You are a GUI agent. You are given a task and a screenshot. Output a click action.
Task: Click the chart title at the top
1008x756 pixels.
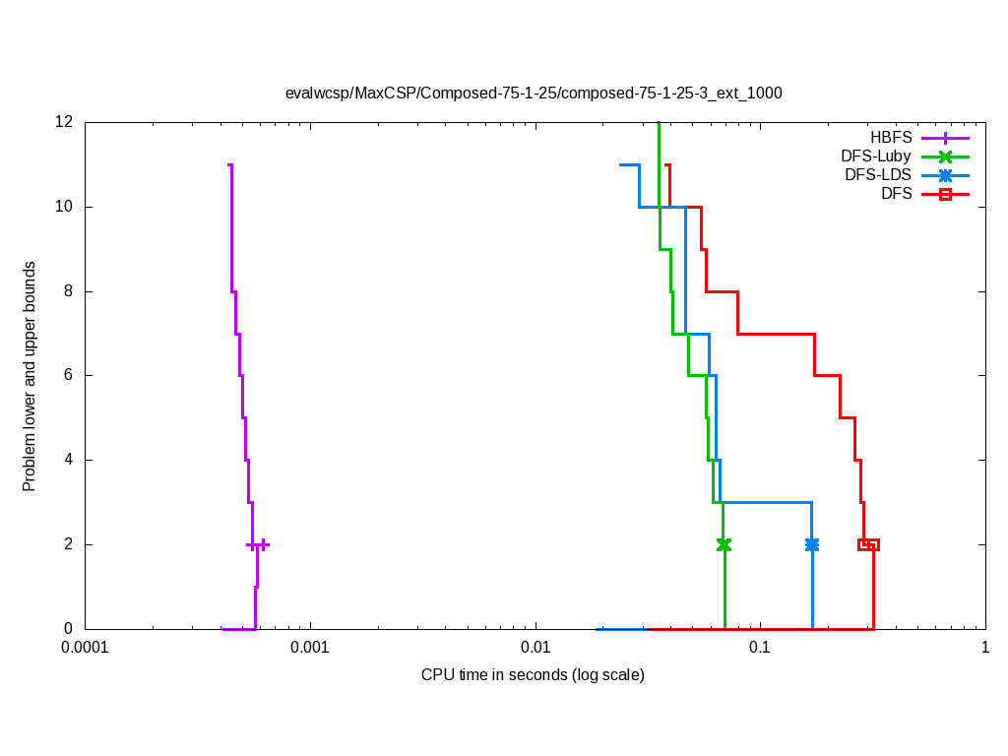point(534,94)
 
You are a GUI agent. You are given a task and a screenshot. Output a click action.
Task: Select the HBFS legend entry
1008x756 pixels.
point(891,138)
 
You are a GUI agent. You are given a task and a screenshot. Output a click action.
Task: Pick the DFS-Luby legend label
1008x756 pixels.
point(876,157)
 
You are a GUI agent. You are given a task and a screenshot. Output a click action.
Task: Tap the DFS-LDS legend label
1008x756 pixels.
point(878,175)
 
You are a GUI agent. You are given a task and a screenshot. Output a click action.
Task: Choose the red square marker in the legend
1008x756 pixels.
point(945,194)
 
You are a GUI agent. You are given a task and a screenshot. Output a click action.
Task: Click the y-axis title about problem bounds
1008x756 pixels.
point(30,377)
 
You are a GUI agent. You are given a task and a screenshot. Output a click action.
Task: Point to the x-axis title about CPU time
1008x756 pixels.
point(533,674)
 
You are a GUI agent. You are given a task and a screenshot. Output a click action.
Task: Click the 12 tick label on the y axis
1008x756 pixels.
point(64,123)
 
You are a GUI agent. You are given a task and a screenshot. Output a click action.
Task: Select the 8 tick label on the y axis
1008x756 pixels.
point(69,291)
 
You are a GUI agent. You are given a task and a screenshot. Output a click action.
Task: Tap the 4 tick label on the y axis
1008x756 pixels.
point(69,460)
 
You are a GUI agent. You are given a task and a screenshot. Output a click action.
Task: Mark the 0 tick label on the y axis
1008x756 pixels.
point(69,629)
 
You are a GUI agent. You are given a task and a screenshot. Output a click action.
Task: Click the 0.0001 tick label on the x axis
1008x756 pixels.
point(85,648)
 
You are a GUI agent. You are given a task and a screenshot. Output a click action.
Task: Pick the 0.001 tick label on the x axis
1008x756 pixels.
point(310,648)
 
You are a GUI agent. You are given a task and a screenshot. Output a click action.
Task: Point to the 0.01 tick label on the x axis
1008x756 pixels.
point(535,648)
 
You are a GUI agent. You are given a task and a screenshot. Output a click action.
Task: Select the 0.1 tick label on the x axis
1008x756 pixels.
point(759,648)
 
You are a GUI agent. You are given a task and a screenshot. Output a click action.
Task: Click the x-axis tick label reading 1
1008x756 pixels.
point(984,648)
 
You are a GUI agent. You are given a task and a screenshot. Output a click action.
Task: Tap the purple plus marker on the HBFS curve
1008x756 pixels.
point(258,544)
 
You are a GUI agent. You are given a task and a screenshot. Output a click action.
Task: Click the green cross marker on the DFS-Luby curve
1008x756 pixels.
point(724,544)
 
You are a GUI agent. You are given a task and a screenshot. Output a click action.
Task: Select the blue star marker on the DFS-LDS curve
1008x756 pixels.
point(812,544)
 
